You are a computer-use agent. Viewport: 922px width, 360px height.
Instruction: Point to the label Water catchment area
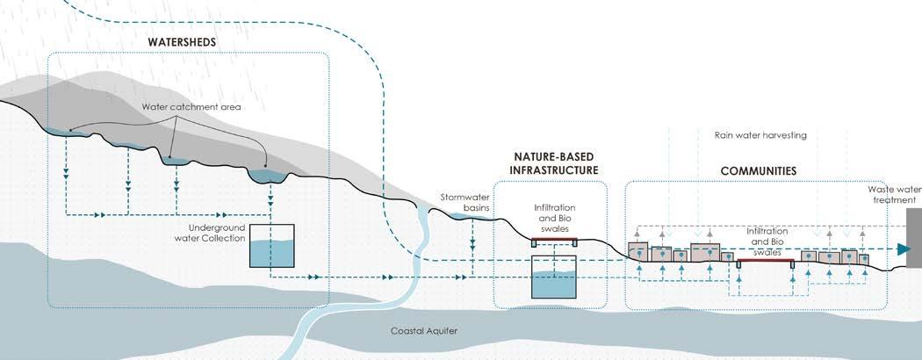coord(191,108)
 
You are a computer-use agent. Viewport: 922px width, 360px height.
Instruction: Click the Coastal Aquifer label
coord(426,332)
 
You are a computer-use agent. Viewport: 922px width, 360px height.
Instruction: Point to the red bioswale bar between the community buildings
coord(766,261)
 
